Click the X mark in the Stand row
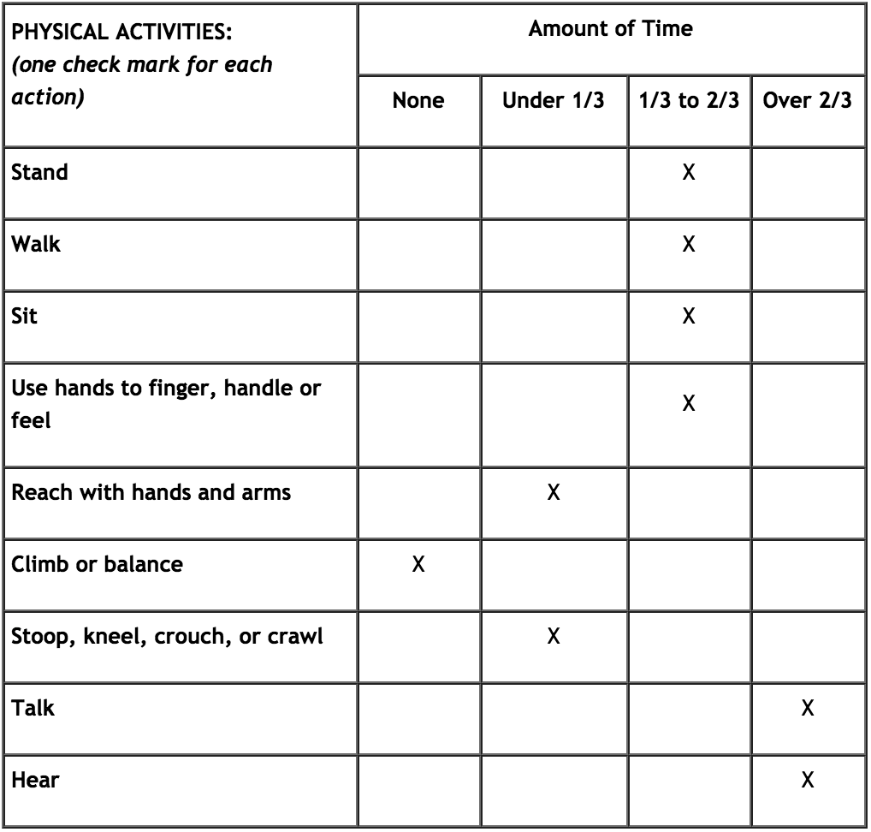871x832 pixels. coord(688,172)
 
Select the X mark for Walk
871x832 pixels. coord(688,244)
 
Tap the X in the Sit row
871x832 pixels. coord(688,316)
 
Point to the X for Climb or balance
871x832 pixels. coord(418,565)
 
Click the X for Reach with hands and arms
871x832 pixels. coord(554,493)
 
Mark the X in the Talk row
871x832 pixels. coord(807,709)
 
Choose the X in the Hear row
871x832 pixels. coord(807,781)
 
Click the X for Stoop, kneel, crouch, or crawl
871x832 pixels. coord(554,637)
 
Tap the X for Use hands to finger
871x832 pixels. coord(688,403)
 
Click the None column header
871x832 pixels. coord(418,101)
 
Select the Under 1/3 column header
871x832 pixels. coord(554,101)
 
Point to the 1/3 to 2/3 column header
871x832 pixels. coord(688,101)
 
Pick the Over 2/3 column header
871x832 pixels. coord(807,101)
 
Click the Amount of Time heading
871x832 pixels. coord(610,29)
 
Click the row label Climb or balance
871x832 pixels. coord(97,565)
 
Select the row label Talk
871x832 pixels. coord(33,709)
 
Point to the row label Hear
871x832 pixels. coord(33,781)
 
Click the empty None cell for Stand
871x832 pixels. coord(418,181)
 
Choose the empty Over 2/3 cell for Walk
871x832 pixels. coord(807,253)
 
